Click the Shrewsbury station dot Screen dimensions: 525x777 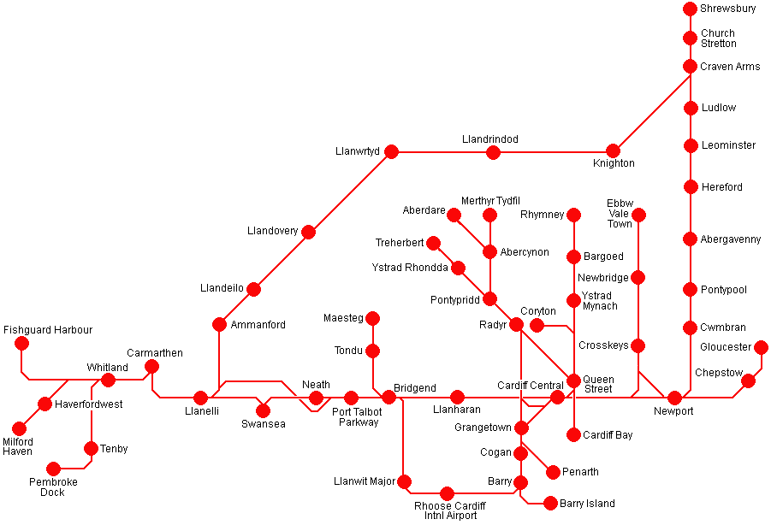[691, 9]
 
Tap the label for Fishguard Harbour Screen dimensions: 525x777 [48, 329]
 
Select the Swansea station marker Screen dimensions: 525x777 [263, 410]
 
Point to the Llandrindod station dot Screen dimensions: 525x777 [493, 152]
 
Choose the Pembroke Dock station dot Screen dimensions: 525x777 [53, 469]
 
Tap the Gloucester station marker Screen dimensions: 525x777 [761, 347]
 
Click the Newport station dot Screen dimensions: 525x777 [674, 398]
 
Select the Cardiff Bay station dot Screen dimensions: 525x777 [573, 434]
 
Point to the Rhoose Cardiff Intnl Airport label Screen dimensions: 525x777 [447, 510]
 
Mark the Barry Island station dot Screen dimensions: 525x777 [551, 504]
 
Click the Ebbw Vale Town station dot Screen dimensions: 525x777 [638, 214]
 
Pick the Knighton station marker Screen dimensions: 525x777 [613, 151]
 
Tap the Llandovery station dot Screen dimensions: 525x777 [308, 232]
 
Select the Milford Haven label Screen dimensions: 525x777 [17, 445]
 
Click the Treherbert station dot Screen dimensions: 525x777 [433, 243]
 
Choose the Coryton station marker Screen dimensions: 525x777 [537, 325]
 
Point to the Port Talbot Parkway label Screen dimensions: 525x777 [358, 417]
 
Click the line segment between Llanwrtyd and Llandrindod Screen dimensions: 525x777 [442, 152]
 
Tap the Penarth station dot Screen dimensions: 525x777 [553, 472]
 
